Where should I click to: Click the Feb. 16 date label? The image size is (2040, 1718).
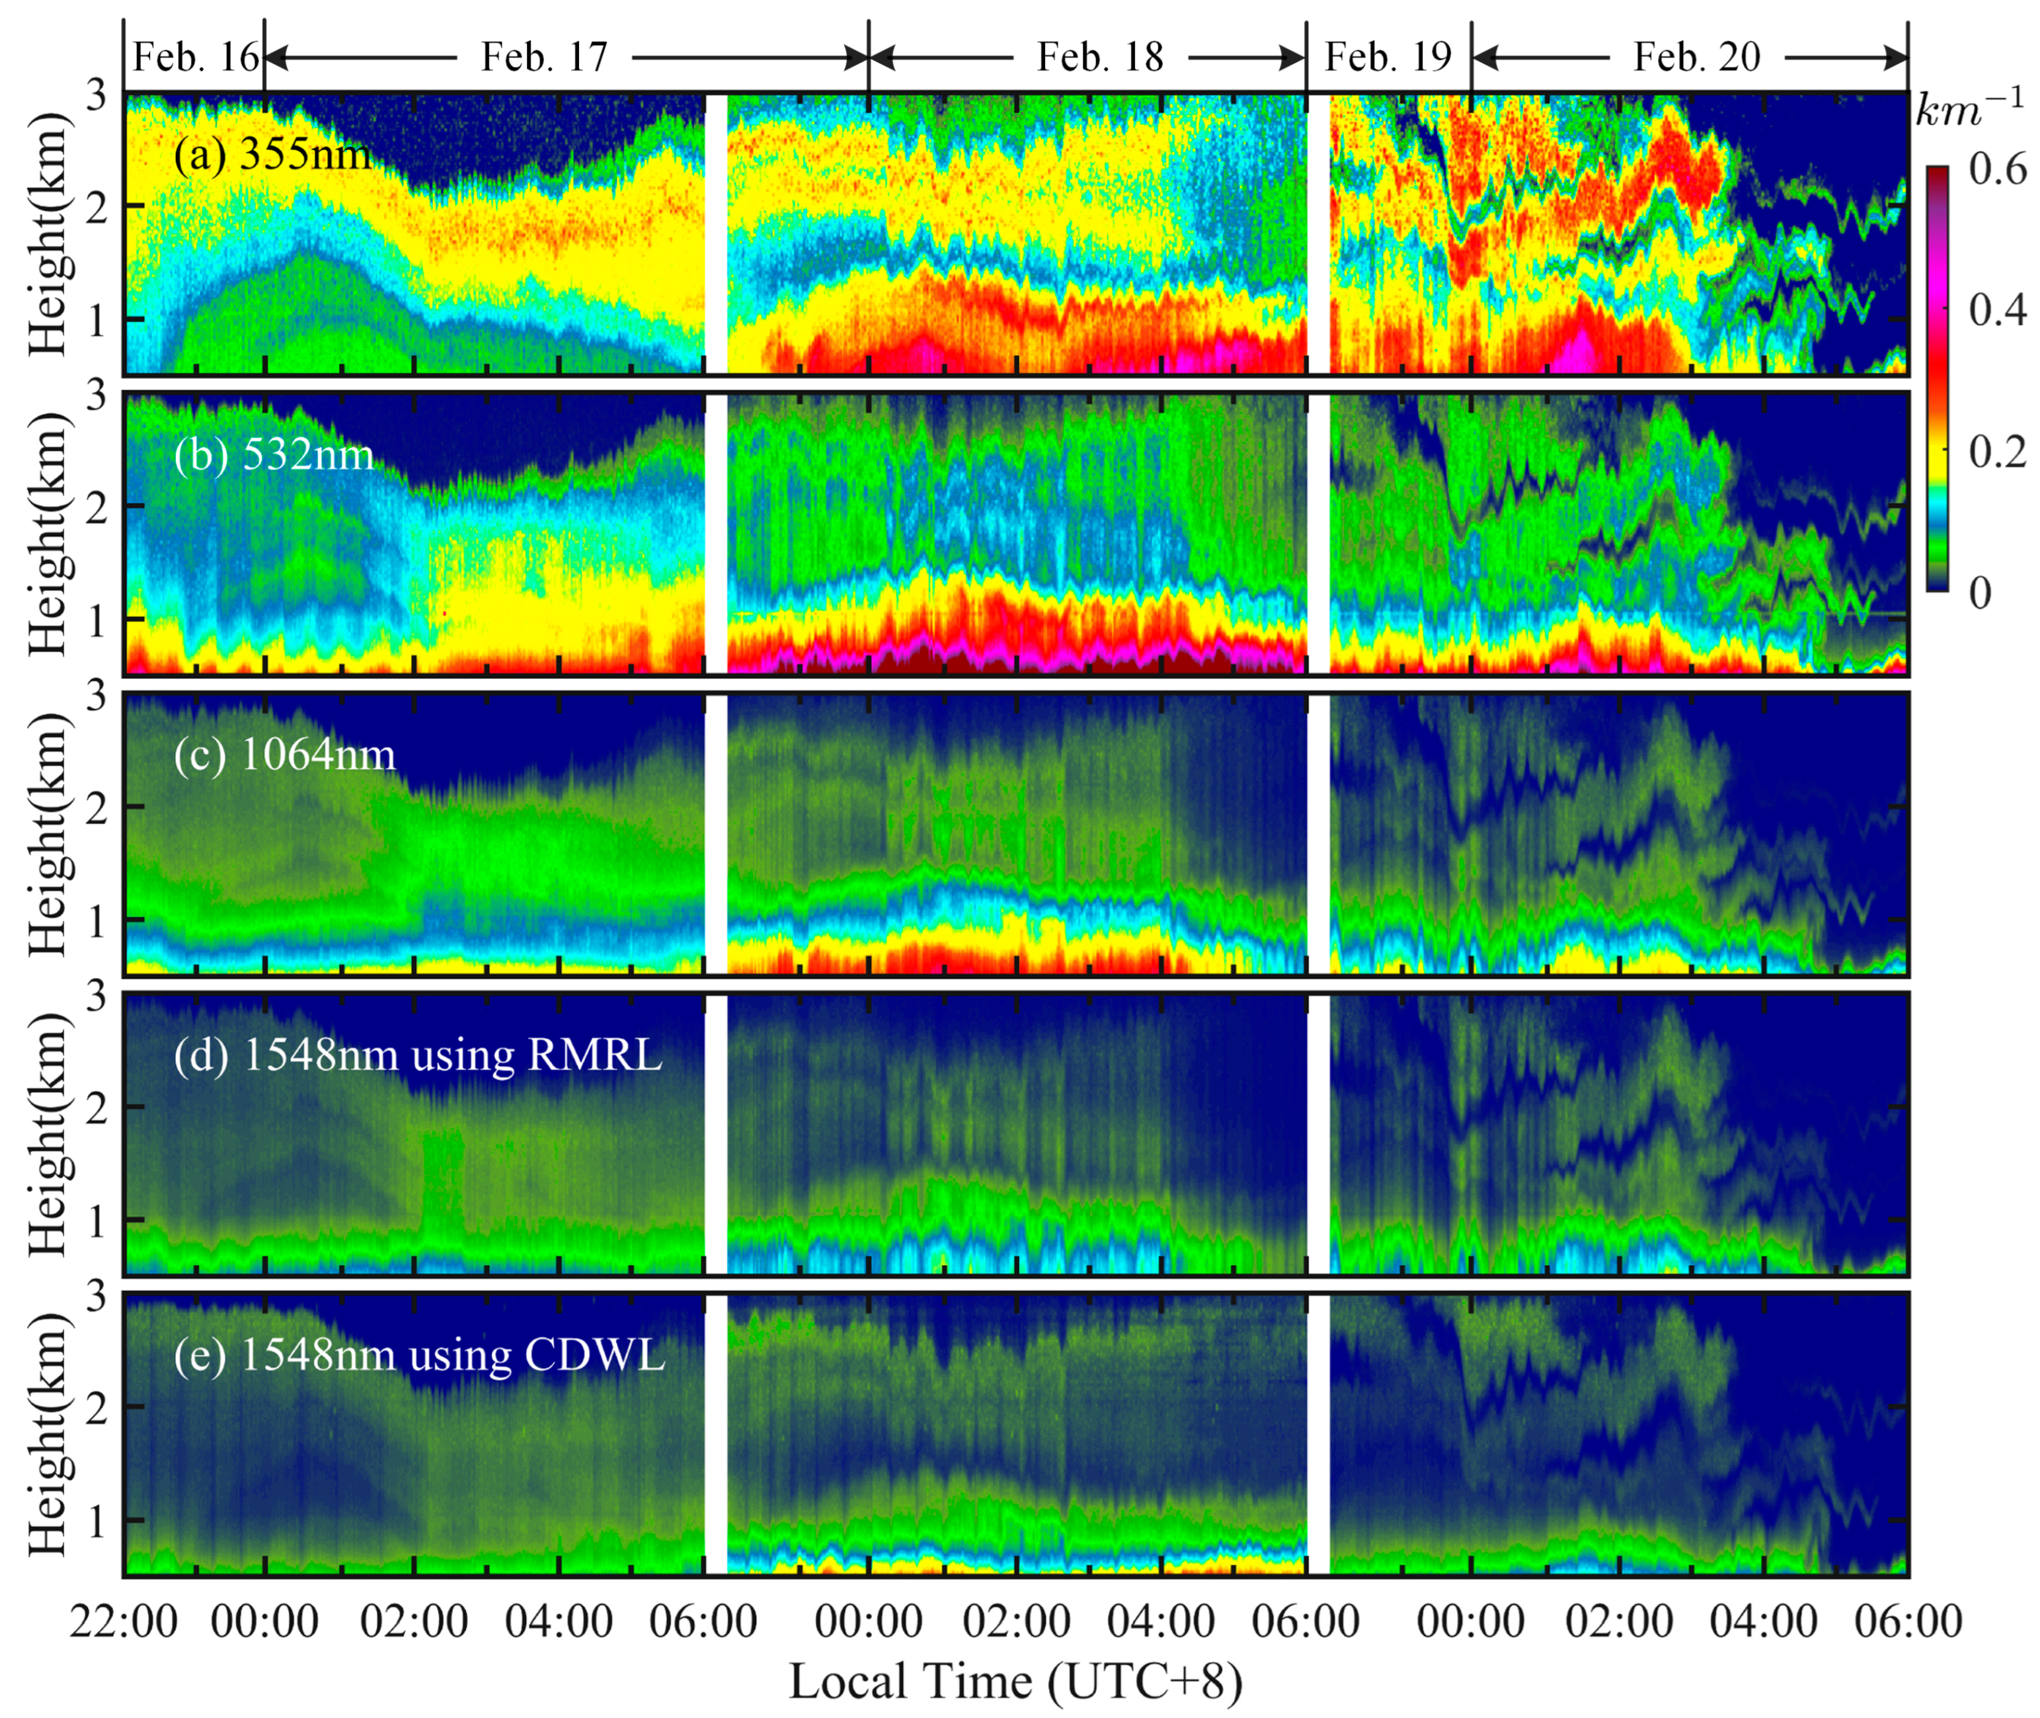pyautogui.click(x=195, y=58)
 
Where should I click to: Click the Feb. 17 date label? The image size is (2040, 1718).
pyautogui.click(x=543, y=58)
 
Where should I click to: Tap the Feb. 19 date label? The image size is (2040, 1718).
pyautogui.click(x=1388, y=58)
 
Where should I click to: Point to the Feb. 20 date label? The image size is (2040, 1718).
pyautogui.click(x=1696, y=58)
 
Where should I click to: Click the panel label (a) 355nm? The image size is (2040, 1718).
pyautogui.click(x=272, y=154)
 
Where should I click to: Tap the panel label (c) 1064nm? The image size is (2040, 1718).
pyautogui.click(x=284, y=754)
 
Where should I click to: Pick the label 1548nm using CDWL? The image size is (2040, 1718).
pyautogui.click(x=418, y=1355)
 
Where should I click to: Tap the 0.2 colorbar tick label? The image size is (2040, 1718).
pyautogui.click(x=1997, y=452)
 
